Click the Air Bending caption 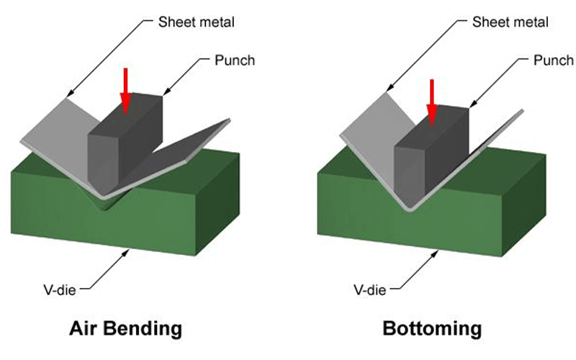(x=125, y=329)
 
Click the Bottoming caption (x=431, y=329)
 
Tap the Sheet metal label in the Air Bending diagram (x=196, y=21)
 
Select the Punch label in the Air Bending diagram (x=235, y=60)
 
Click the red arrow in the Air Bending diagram (x=126, y=90)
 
